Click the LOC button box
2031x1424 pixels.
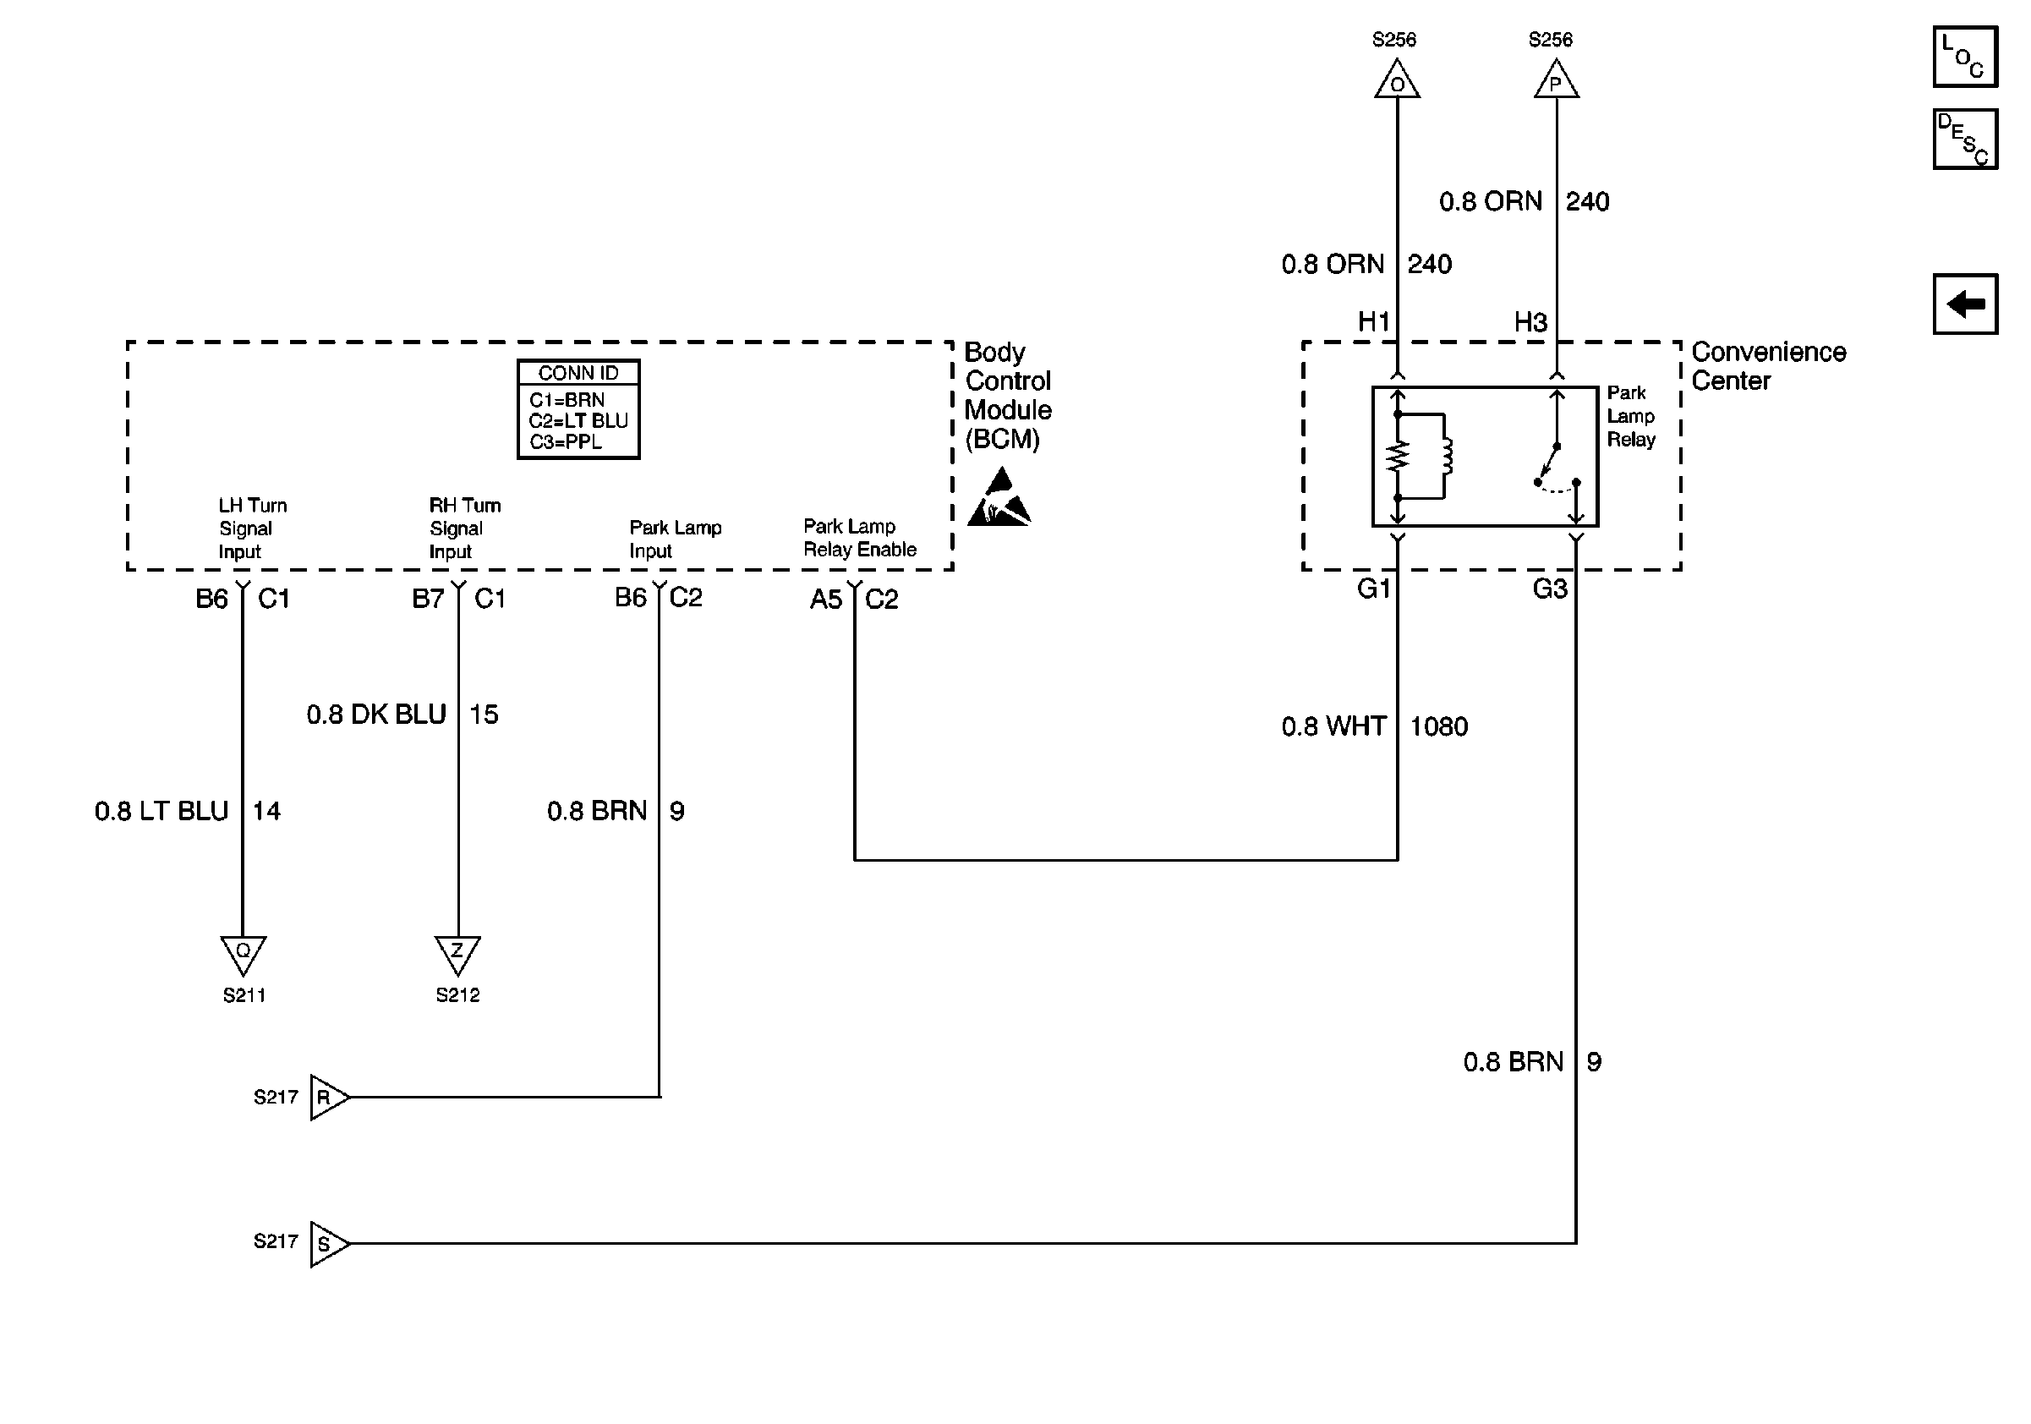point(1965,57)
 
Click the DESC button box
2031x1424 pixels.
point(1965,139)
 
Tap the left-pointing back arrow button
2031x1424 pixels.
point(1965,304)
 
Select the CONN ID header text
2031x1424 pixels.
point(578,373)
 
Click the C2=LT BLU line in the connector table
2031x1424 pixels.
point(578,421)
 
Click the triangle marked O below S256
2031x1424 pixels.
point(1397,79)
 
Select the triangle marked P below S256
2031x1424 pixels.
point(1556,79)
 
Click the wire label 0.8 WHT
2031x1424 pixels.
point(1333,726)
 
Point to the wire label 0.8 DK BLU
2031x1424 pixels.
point(376,714)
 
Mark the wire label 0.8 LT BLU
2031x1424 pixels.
point(161,811)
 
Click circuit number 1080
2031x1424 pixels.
point(1438,726)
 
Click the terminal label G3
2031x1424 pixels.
point(1550,589)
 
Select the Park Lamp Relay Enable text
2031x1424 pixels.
point(860,538)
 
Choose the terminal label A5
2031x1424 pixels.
point(826,600)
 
